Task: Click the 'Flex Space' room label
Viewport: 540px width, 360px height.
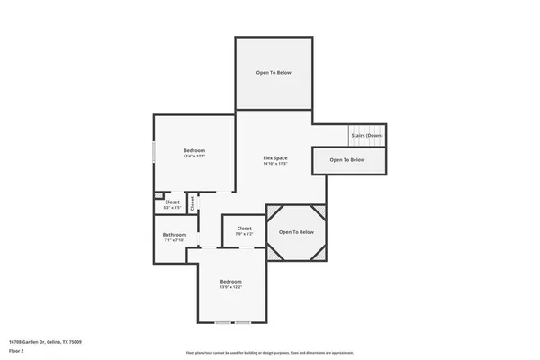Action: (274, 157)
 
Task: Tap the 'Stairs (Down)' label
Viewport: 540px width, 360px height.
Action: (367, 136)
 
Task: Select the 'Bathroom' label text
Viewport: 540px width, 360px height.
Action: (174, 235)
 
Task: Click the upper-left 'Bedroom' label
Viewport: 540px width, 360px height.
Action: (194, 150)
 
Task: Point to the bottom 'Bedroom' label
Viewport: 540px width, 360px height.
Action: (231, 282)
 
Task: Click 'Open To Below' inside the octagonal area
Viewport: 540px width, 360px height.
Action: (296, 232)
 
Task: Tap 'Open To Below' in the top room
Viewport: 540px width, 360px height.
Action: (274, 73)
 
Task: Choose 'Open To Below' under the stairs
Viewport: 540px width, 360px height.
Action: (347, 160)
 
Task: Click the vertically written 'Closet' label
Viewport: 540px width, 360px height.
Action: (192, 203)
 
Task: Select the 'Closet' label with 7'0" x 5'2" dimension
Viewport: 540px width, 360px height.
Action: (244, 229)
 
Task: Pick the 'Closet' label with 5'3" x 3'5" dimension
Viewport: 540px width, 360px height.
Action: (171, 202)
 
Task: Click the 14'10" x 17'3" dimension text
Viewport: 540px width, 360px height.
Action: (274, 164)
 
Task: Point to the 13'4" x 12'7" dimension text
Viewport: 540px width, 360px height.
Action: (194, 157)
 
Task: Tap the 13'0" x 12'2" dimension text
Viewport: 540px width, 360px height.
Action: (231, 288)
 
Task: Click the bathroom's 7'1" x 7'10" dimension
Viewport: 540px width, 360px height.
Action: (174, 240)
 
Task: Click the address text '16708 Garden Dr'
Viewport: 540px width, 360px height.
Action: (45, 342)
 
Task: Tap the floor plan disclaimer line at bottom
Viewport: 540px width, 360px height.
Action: (270, 352)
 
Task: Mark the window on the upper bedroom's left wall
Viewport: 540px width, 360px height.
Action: (154, 151)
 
